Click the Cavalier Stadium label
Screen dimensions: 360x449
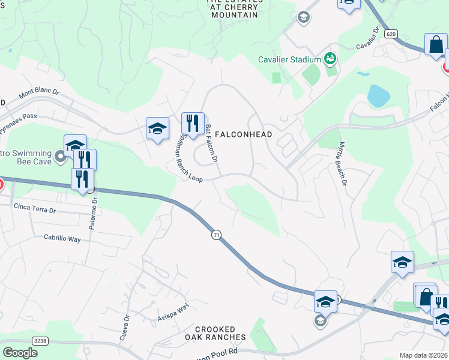[289, 59]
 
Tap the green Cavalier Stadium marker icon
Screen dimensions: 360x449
[330, 58]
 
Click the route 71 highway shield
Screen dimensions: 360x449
[215, 234]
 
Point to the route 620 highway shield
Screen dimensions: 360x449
[391, 35]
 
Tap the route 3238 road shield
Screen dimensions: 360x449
[40, 341]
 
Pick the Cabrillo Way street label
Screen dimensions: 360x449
[62, 238]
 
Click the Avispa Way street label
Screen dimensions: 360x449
[173, 308]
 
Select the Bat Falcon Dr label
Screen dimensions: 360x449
[210, 143]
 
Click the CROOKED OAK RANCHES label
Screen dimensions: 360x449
[221, 334]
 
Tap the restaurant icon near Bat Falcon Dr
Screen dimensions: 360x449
[193, 124]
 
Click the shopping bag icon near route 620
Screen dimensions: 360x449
[436, 44]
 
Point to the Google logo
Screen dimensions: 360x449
[20, 353]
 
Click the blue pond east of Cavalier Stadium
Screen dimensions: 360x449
[378, 95]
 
